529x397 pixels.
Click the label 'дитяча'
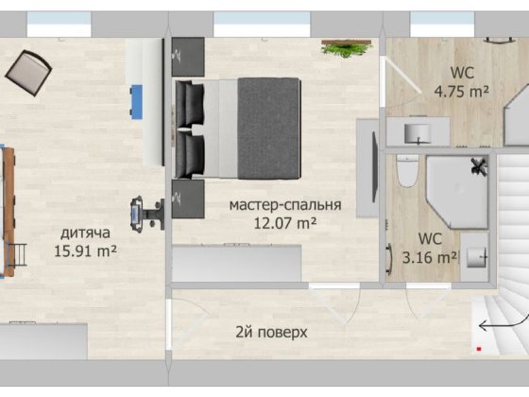click(x=86, y=233)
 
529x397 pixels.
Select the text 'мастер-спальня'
click(x=272, y=205)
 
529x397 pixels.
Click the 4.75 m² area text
click(x=460, y=92)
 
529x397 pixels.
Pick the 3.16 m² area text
click(x=434, y=255)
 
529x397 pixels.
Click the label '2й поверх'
click(x=271, y=333)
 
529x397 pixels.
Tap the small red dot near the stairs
click(x=481, y=351)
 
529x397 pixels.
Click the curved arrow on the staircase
click(x=493, y=326)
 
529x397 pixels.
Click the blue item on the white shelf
click(x=136, y=98)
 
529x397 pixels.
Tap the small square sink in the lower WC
click(x=478, y=255)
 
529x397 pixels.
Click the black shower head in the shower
click(x=479, y=166)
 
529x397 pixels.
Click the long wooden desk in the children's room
click(x=9, y=208)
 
